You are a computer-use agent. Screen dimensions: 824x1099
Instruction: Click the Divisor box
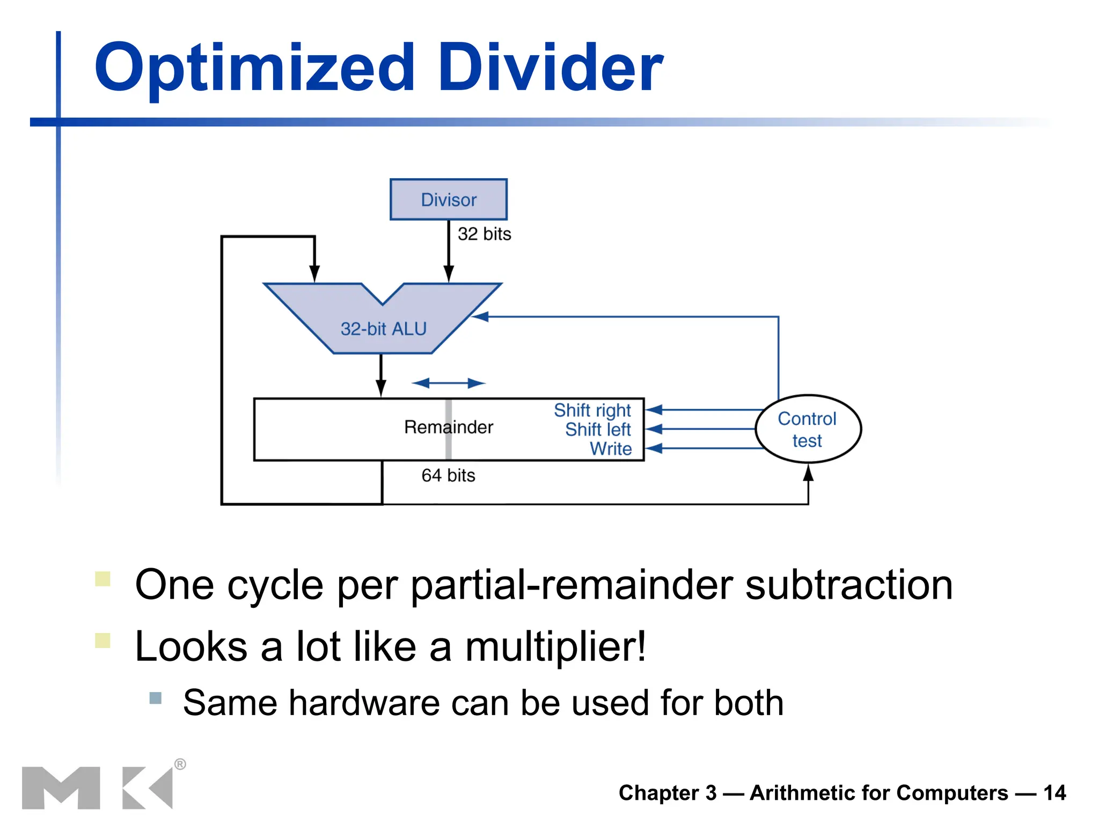tap(448, 200)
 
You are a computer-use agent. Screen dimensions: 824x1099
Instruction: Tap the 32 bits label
tap(484, 234)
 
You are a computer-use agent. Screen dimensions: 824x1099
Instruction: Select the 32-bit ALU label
tap(383, 328)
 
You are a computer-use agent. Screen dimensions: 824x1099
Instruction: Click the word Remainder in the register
tap(448, 427)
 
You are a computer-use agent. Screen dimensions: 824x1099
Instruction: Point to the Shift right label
tap(592, 410)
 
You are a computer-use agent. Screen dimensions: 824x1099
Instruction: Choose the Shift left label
tap(597, 430)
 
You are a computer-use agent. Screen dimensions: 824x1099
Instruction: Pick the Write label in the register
tap(610, 448)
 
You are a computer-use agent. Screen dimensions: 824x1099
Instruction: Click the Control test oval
tap(808, 429)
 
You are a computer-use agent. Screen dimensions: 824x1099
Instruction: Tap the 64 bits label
tap(448, 475)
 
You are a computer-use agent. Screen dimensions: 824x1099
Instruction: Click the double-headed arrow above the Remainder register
tap(448, 383)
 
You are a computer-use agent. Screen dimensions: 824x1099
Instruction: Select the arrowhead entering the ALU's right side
tap(480, 317)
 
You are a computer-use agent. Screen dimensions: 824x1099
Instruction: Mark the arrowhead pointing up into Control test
tap(808, 473)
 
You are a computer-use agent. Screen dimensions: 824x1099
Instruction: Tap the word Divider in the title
tap(551, 69)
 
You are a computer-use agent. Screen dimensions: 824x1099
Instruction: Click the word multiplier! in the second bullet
tap(555, 646)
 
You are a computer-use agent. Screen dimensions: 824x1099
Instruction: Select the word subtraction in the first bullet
tap(849, 585)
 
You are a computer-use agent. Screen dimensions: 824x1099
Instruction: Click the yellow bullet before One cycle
tap(102, 579)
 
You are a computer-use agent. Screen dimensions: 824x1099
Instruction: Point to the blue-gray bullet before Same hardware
tap(156, 698)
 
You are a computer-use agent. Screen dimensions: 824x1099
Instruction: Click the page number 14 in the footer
tap(1054, 793)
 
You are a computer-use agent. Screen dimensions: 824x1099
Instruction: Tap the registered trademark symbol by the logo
tap(180, 764)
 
